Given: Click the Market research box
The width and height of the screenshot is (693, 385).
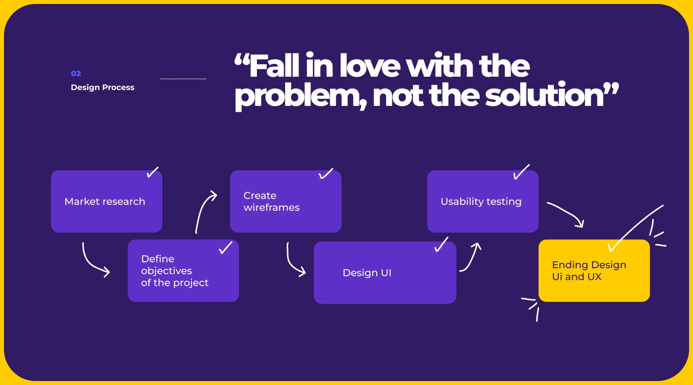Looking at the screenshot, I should tap(106, 201).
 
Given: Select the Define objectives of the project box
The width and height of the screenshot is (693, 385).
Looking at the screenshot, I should tap(183, 271).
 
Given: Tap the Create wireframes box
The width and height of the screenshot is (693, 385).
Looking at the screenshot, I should tap(286, 201).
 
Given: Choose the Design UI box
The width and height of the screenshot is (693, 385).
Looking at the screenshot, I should tap(385, 273).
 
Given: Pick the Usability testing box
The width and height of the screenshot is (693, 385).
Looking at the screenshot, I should tap(483, 201).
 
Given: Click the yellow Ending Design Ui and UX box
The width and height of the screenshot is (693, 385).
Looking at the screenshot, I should tap(594, 271).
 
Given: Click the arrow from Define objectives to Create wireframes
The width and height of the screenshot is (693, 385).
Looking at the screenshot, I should tap(203, 210).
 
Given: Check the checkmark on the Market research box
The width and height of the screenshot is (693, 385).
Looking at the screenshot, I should tap(152, 172).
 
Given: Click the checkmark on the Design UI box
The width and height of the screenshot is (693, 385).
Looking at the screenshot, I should tap(441, 244).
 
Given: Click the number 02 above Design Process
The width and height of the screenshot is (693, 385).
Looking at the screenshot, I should tap(76, 74).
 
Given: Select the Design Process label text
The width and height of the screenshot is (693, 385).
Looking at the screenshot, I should tap(102, 88).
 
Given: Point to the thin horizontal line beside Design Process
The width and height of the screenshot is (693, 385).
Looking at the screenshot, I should tap(183, 79).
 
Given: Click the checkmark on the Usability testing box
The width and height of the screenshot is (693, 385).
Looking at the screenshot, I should tap(521, 172).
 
